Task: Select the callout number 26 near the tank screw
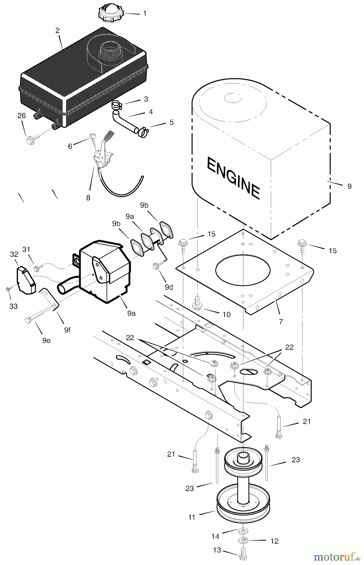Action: click(x=22, y=116)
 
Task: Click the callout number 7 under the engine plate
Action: click(x=281, y=321)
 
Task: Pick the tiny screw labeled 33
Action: click(x=8, y=289)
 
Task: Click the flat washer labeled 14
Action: click(x=242, y=531)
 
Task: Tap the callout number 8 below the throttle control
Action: click(x=88, y=198)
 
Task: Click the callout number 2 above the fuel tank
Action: click(x=57, y=30)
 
